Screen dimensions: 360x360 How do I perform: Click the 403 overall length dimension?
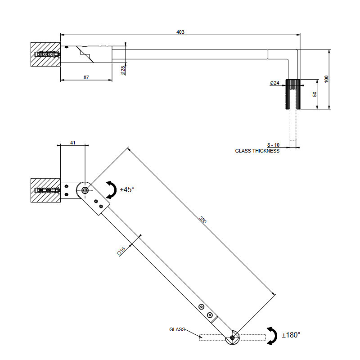(x=180, y=32)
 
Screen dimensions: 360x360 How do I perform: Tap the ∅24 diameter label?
(x=274, y=83)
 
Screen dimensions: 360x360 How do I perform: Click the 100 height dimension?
(x=327, y=79)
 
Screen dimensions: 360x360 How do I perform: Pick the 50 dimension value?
(x=315, y=94)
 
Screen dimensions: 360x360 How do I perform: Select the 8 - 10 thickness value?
(x=273, y=145)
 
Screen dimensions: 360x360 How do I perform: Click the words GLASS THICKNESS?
(x=257, y=151)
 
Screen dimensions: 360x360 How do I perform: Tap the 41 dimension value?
(x=72, y=143)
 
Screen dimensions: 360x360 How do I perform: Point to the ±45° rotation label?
(x=127, y=190)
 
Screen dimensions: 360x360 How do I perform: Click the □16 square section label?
(x=121, y=251)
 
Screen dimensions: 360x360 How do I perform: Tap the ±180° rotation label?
(x=291, y=335)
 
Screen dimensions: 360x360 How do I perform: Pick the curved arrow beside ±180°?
(x=272, y=336)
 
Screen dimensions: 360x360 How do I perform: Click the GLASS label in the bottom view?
(x=177, y=329)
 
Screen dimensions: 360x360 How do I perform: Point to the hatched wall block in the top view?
(x=45, y=55)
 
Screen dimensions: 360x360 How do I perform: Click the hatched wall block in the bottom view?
(x=45, y=191)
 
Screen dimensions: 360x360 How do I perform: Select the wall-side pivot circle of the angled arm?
(x=85, y=190)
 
